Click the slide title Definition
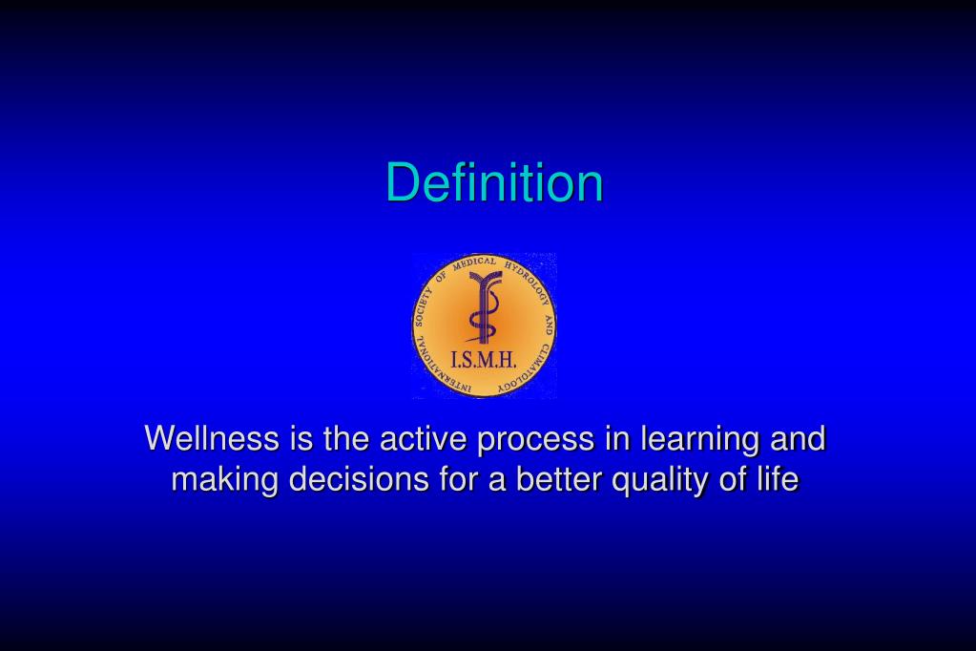[x=494, y=182]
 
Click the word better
[x=559, y=479]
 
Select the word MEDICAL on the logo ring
[x=474, y=263]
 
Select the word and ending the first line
[x=798, y=439]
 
